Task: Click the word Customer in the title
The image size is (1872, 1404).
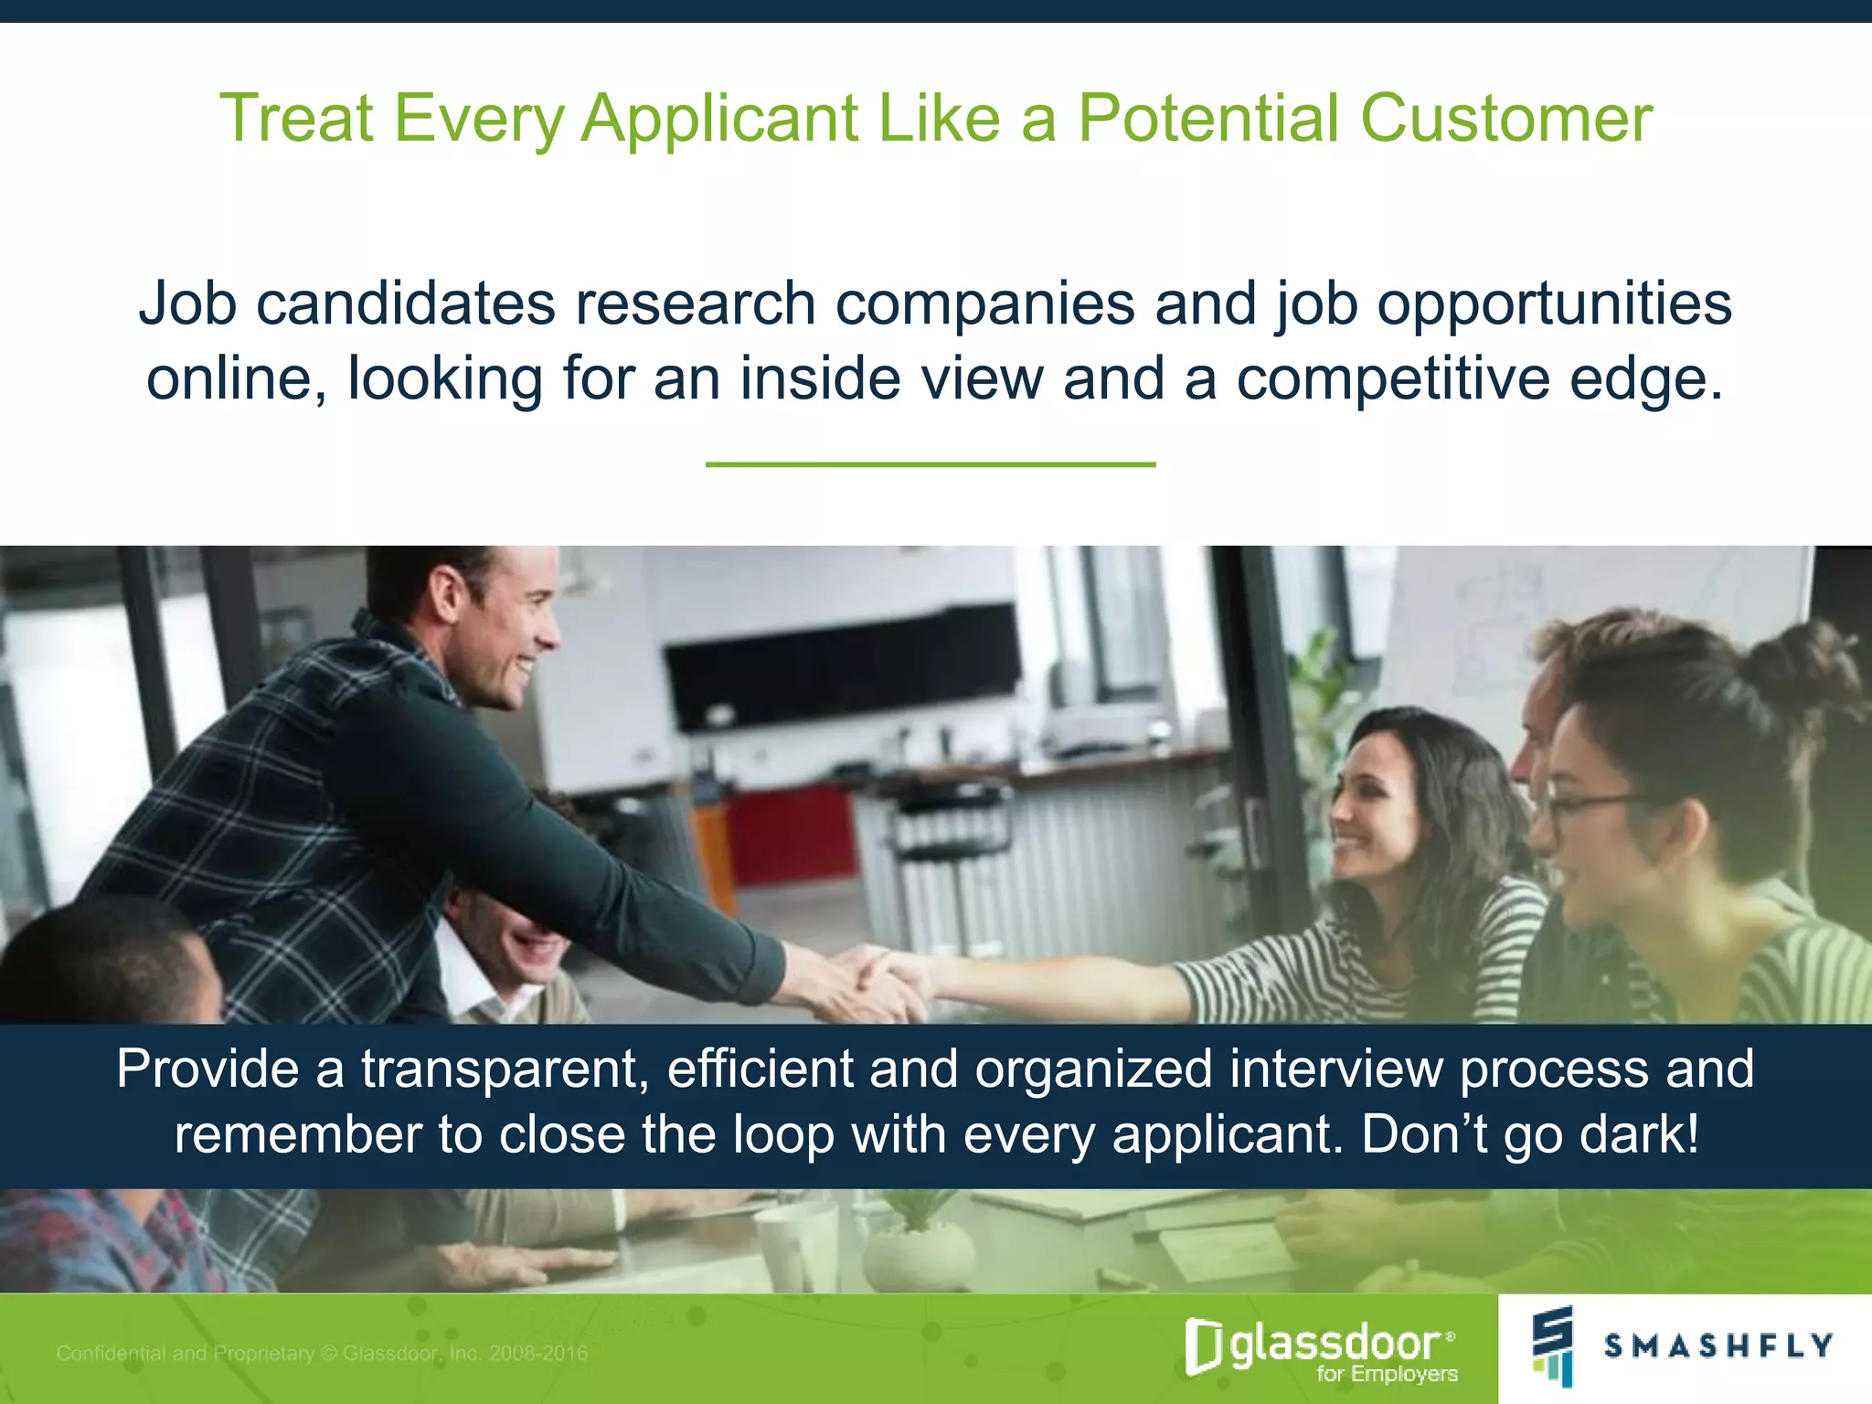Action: coord(1505,119)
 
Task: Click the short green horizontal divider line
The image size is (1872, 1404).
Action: coord(931,464)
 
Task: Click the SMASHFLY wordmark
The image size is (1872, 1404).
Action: coord(1718,1345)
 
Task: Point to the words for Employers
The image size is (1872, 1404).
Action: coord(1387,1374)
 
